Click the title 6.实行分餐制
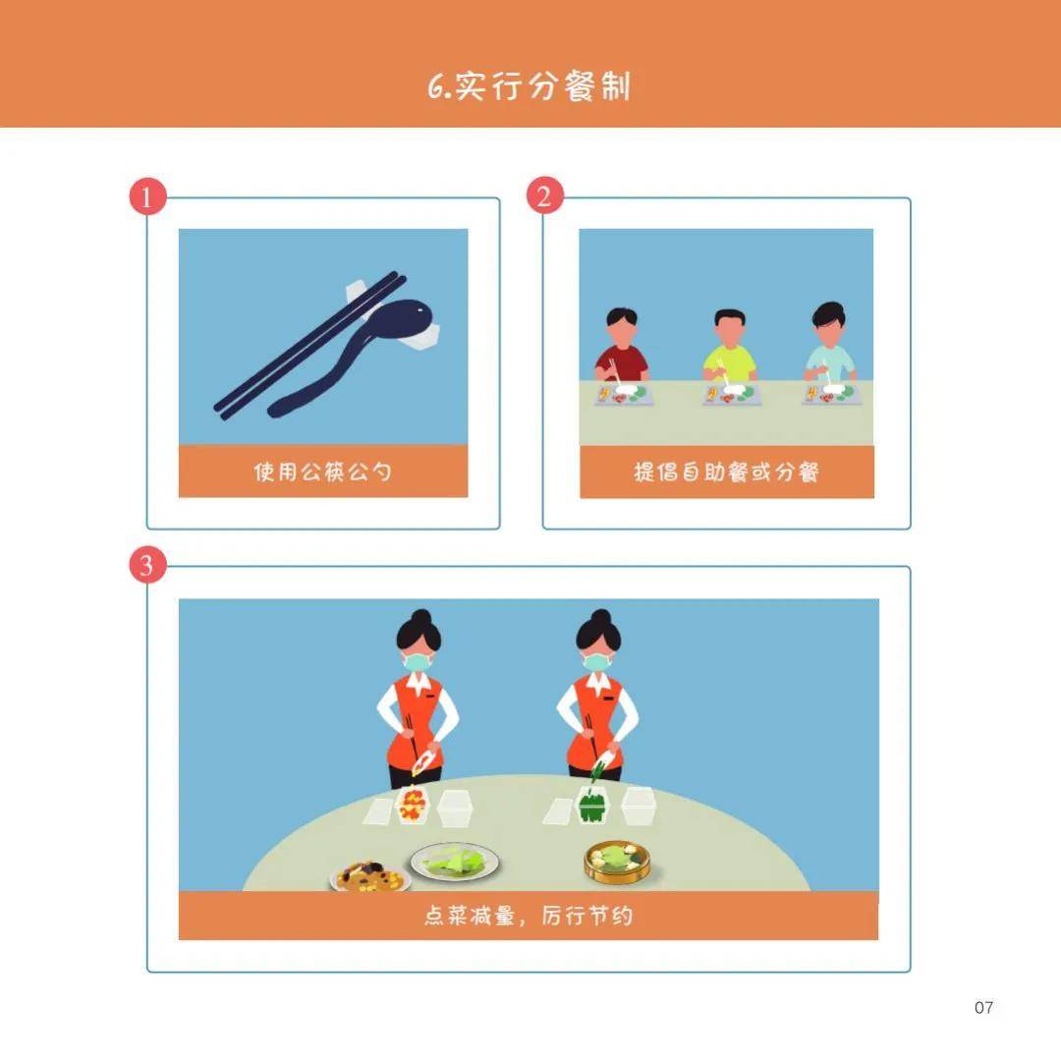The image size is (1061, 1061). [x=530, y=86]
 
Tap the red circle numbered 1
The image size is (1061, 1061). [x=147, y=197]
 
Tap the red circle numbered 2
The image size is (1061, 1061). [x=543, y=196]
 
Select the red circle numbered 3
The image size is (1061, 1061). [x=147, y=566]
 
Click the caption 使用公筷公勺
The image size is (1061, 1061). [x=322, y=472]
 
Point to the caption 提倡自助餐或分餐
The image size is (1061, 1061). [x=726, y=473]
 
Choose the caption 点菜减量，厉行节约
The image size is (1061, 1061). [x=528, y=916]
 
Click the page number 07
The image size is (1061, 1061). [x=983, y=1007]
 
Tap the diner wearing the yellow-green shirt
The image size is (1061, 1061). [x=729, y=350]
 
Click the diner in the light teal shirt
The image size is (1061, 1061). [x=830, y=346]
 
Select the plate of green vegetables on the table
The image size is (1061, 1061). [x=456, y=863]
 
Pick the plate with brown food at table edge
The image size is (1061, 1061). [x=370, y=875]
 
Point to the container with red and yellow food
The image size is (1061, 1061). [x=413, y=806]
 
